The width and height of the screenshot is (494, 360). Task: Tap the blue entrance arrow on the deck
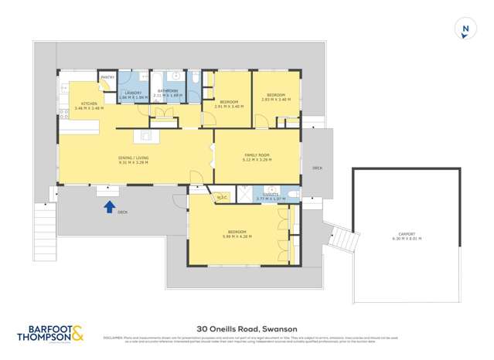(x=109, y=206)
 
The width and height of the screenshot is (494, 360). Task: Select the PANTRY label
(x=107, y=77)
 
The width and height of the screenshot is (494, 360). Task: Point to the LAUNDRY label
(x=132, y=93)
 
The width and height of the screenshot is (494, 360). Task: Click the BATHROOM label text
(x=168, y=90)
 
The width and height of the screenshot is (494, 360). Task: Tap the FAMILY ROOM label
(x=257, y=155)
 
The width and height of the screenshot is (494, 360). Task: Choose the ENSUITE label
(x=270, y=195)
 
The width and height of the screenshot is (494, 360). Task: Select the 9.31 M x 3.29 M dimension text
(x=134, y=162)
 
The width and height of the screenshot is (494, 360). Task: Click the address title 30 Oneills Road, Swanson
(x=247, y=327)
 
